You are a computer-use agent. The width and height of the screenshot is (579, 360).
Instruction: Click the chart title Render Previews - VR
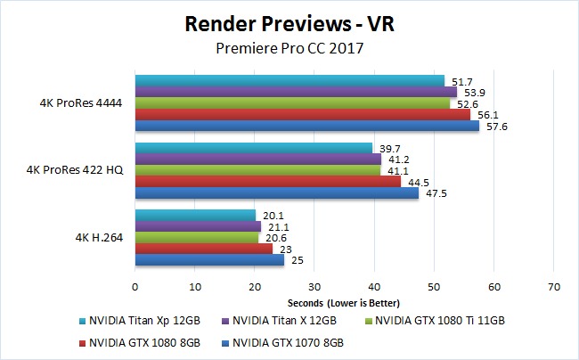click(290, 23)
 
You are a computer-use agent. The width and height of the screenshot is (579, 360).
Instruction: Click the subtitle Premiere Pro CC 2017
click(290, 50)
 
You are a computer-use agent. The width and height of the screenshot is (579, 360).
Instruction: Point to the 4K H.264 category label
click(98, 237)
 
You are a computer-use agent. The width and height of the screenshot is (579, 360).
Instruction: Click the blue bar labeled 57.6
click(306, 126)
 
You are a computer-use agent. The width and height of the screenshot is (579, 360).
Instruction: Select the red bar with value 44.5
click(267, 182)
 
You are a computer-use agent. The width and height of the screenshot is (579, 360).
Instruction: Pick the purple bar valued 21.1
click(198, 226)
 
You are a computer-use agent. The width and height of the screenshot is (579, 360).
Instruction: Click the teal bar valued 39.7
click(253, 148)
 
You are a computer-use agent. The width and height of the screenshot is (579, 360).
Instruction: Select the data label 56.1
click(485, 114)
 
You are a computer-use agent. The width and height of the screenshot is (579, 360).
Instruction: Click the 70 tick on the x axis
click(553, 287)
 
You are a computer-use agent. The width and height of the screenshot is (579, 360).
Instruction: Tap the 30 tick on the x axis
click(314, 287)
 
